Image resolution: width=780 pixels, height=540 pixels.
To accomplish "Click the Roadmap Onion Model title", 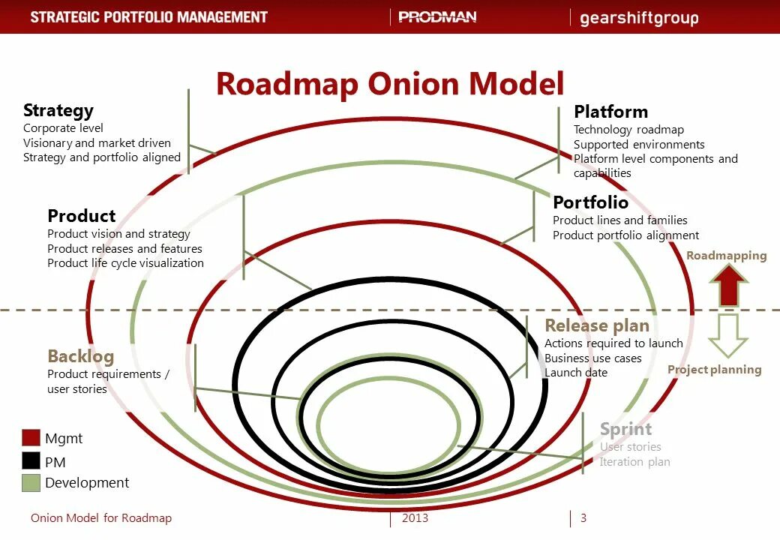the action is (389, 84).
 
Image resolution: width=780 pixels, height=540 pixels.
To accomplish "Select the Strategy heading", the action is (58, 111).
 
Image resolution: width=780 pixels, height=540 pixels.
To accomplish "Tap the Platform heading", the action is (610, 112).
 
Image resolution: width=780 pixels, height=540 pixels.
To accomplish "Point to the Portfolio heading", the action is (590, 202).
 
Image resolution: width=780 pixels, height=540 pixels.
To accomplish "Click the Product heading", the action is (81, 216).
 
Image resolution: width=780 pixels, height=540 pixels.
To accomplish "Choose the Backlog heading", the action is (80, 356).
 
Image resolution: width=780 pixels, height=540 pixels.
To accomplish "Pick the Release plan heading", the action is (597, 325).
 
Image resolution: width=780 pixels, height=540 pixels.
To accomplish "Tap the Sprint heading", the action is (625, 429).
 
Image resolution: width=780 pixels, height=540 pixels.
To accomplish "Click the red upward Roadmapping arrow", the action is (728, 286).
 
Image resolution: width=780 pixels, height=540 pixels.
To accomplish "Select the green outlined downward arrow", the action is (728, 335).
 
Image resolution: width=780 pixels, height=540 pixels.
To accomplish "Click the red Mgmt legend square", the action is (31, 438).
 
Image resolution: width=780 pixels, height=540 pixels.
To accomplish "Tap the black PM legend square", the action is (31, 460).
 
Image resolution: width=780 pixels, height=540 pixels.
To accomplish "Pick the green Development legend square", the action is (31, 483).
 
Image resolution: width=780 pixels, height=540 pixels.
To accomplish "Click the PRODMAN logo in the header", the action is (437, 17).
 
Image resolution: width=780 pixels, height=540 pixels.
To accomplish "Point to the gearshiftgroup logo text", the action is (639, 18).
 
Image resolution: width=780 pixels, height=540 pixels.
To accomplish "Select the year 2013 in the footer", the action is (415, 518).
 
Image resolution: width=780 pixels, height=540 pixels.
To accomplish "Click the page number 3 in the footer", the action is (583, 518).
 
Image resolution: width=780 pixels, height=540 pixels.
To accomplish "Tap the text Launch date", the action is (576, 373).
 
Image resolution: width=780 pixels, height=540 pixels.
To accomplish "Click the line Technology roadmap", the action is (628, 130).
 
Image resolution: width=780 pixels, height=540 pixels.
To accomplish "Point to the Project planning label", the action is (714, 370).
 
